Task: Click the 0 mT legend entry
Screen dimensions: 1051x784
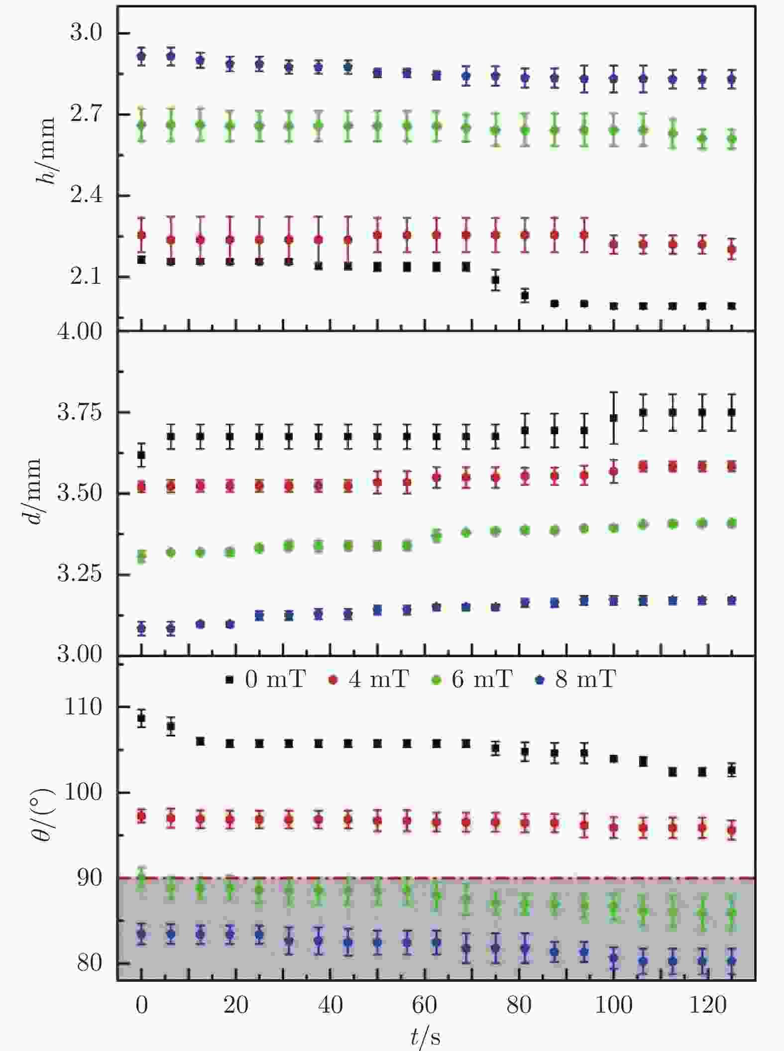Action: click(265, 679)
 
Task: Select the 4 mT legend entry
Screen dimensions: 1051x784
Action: click(369, 679)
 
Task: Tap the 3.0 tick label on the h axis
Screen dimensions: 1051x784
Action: click(86, 33)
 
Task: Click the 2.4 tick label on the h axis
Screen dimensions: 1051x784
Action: click(86, 195)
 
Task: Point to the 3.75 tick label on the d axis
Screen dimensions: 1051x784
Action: click(80, 412)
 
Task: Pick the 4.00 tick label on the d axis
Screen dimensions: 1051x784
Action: click(80, 332)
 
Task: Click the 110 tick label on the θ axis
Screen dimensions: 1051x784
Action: click(83, 706)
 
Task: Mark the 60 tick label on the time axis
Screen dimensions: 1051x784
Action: click(425, 1005)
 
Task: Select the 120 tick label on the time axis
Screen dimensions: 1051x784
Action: click(708, 1005)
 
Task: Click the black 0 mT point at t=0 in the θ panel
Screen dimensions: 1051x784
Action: click(141, 718)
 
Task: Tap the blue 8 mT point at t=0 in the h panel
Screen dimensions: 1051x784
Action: click(141, 56)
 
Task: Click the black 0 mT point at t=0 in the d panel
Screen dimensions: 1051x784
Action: click(141, 455)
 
